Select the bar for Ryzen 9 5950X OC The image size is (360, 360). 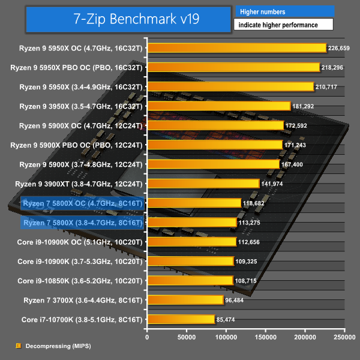(236, 48)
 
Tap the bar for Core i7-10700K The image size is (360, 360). (181, 319)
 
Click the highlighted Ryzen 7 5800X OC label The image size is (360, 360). (82, 203)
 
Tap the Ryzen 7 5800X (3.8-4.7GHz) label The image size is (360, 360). (82, 223)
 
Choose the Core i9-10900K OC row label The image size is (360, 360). (80, 242)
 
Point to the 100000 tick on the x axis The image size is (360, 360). (226, 337)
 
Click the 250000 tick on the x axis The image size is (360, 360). (343, 337)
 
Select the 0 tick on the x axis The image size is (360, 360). (148, 337)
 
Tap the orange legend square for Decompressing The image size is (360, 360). (17, 346)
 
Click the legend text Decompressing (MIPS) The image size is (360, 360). (54, 346)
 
